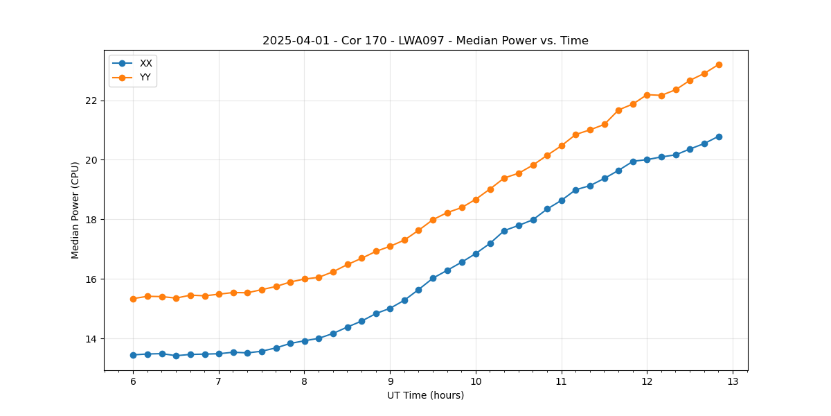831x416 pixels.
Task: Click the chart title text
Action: [425, 41]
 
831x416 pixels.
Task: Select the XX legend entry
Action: [145, 63]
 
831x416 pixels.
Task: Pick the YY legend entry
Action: [145, 77]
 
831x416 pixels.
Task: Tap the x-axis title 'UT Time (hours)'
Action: [425, 395]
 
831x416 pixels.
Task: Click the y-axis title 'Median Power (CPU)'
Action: [75, 210]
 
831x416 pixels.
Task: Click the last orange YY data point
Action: [719, 64]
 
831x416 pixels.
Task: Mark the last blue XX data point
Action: [719, 137]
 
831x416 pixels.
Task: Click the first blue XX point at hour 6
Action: [133, 355]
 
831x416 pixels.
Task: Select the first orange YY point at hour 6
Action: [133, 299]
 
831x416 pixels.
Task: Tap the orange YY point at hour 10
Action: [476, 200]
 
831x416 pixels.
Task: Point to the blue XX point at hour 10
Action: [476, 254]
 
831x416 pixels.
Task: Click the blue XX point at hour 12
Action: [647, 159]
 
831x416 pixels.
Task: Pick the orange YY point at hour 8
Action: [305, 279]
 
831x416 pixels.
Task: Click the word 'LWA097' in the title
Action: [416, 41]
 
